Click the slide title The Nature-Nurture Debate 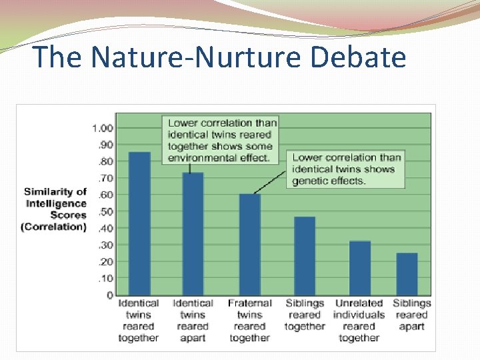(219, 57)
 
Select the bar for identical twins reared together (139, 223)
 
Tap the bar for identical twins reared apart (193, 233)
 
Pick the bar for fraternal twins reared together (249, 244)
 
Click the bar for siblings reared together (305, 256)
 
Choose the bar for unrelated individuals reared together (360, 268)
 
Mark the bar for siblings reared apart (407, 274)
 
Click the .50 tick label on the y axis (105, 211)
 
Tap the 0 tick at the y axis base (109, 295)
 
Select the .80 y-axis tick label (105, 161)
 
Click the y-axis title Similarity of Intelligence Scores (55, 209)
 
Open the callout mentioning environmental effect (221, 140)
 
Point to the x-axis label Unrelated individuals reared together (359, 321)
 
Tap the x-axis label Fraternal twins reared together (249, 321)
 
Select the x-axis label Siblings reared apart (411, 315)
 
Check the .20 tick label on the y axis (105, 261)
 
